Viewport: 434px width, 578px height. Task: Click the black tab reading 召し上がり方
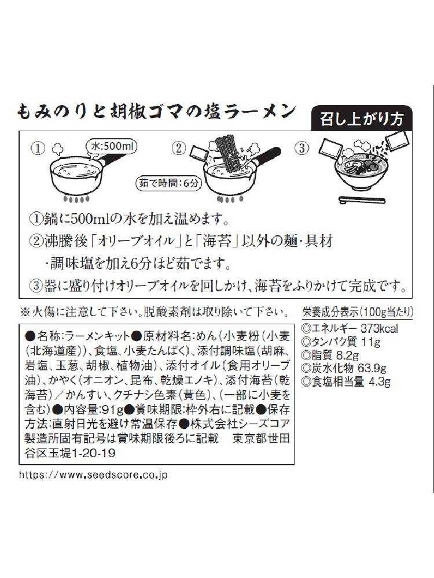[362, 118]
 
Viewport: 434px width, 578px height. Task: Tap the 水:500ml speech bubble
[111, 146]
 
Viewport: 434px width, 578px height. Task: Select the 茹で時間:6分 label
[169, 183]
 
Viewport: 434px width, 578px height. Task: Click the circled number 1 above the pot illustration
[37, 148]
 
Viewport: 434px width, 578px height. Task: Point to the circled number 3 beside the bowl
[302, 148]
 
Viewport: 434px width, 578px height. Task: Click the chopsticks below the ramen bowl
[362, 200]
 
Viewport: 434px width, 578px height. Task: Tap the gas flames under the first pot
[76, 199]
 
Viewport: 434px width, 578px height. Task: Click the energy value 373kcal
[379, 328]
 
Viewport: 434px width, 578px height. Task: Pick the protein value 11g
[371, 342]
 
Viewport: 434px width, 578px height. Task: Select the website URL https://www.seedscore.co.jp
[93, 475]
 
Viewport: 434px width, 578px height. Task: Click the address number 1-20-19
[93, 453]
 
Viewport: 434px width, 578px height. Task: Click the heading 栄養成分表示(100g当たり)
[357, 312]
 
